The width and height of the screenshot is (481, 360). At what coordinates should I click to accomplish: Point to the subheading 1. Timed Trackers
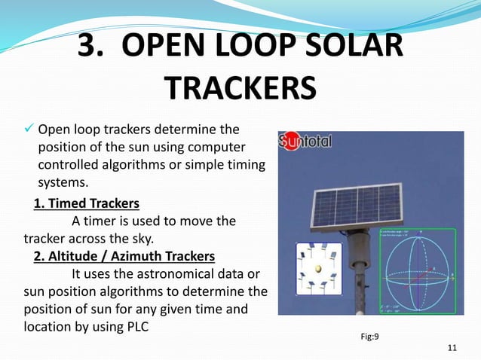pos(87,203)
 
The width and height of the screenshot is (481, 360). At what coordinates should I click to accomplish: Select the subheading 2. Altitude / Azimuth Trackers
pos(124,255)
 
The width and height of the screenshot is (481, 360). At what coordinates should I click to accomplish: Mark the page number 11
pos(452,347)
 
